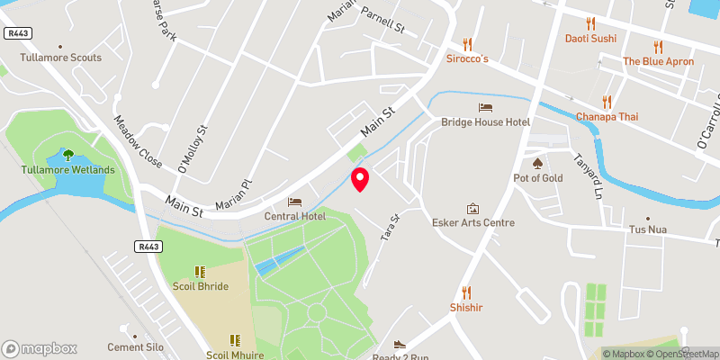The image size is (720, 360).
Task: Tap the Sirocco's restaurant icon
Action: pos(467,43)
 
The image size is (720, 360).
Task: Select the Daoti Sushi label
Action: pos(590,39)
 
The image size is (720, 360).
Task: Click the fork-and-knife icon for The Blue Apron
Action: pos(658,46)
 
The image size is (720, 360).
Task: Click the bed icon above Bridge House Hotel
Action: pos(485,107)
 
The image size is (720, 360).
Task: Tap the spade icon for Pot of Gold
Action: pos(538,163)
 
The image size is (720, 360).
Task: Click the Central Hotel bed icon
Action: pos(293,201)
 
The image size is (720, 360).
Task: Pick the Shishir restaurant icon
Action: pos(466,292)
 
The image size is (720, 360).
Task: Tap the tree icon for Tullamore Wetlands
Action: pos(68,154)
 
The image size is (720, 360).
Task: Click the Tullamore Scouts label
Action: pos(61,58)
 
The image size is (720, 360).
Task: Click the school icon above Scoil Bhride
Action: pos(200,271)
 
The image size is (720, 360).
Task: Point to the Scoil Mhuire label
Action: pos(234,354)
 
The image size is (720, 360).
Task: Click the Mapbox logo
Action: pos(40,348)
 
